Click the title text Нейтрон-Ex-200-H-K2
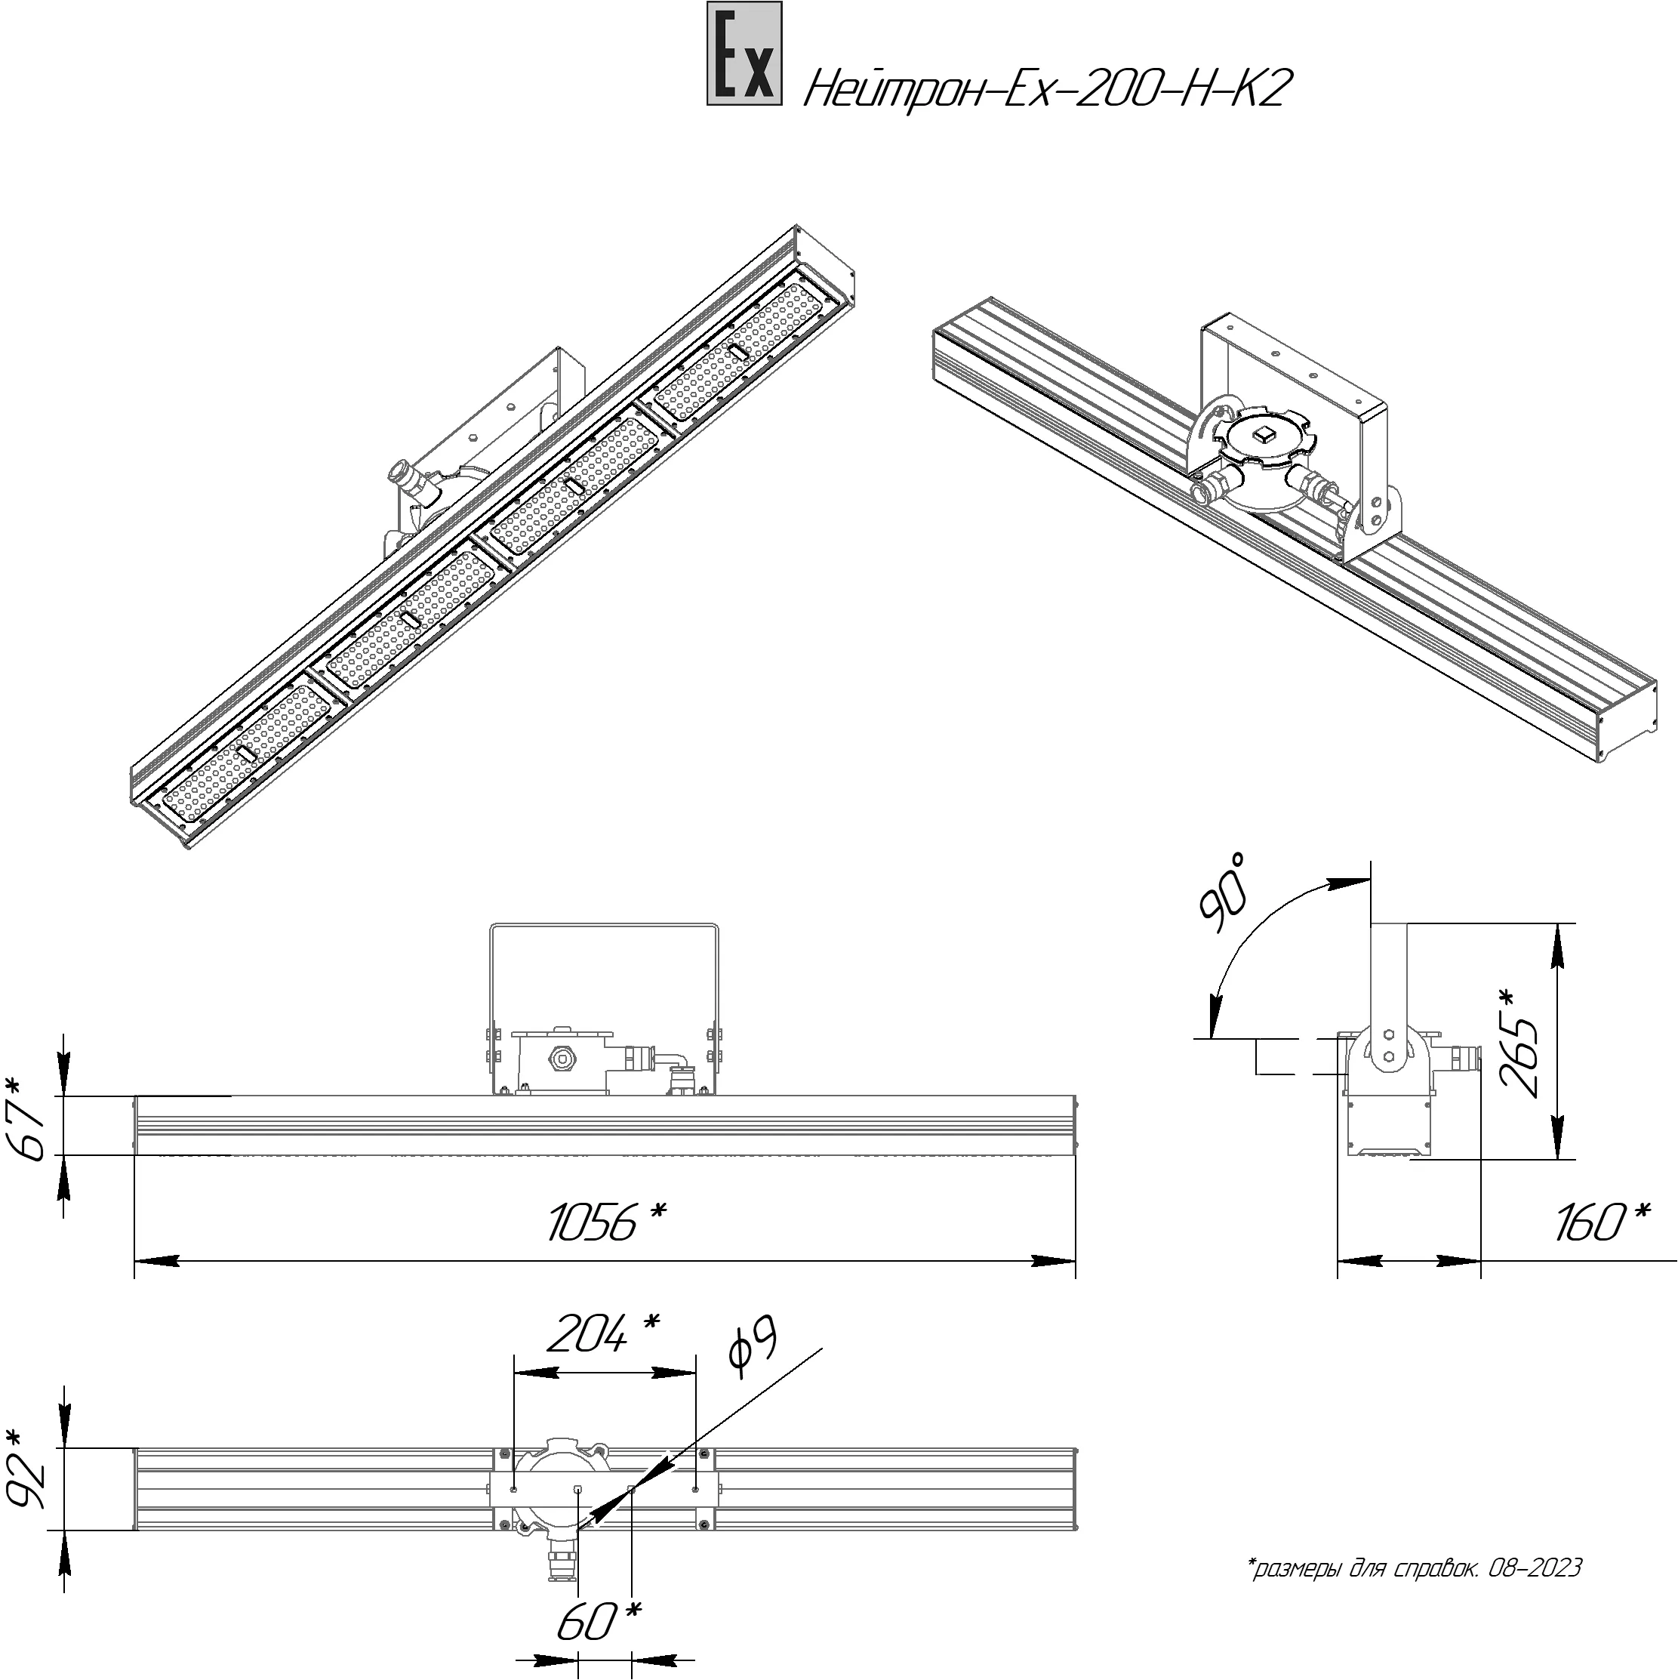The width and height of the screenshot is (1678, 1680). pos(1044,90)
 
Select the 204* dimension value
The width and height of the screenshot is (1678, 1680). pos(603,1333)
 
